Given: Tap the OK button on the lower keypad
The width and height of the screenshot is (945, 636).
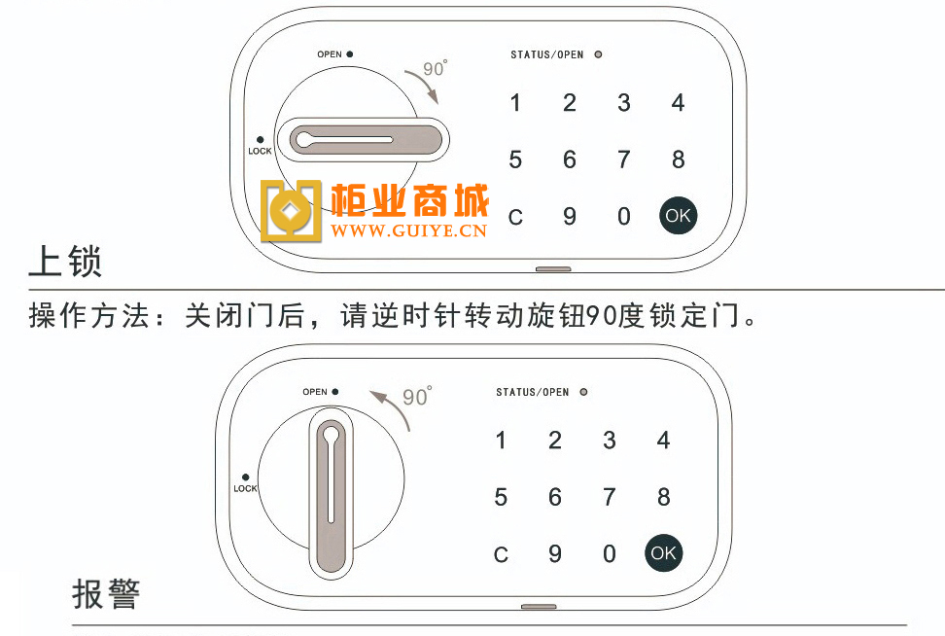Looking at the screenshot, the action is coord(664,552).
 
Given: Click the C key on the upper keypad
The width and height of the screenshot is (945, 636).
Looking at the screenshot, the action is coord(515,217).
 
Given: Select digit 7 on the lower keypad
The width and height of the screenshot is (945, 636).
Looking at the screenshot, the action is coord(610,497).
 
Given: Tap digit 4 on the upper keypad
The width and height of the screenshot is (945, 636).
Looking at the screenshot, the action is coord(678,102).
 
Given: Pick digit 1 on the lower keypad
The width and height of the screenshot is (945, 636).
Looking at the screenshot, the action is coord(501,441).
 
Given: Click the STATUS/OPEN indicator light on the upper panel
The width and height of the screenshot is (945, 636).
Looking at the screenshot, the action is coord(598,54).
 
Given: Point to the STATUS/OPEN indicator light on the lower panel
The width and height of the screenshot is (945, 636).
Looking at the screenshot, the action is coord(583,392).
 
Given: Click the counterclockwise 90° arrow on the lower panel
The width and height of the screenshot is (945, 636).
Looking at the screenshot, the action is coord(394,406).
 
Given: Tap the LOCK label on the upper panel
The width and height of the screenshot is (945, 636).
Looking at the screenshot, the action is coord(260,151).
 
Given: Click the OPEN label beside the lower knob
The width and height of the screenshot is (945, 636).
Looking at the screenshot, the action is coord(315,392).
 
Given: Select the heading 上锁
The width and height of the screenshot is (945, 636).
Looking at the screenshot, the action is coord(65,261).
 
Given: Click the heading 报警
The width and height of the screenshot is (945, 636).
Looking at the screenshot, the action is coord(106,594).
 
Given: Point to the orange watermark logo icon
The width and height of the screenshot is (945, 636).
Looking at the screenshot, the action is coord(291,211).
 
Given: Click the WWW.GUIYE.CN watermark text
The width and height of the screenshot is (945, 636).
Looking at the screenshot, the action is coord(408,230).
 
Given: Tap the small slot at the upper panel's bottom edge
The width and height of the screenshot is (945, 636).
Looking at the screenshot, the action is coord(553,268).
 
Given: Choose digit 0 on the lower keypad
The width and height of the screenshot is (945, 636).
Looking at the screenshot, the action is coord(610,554).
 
